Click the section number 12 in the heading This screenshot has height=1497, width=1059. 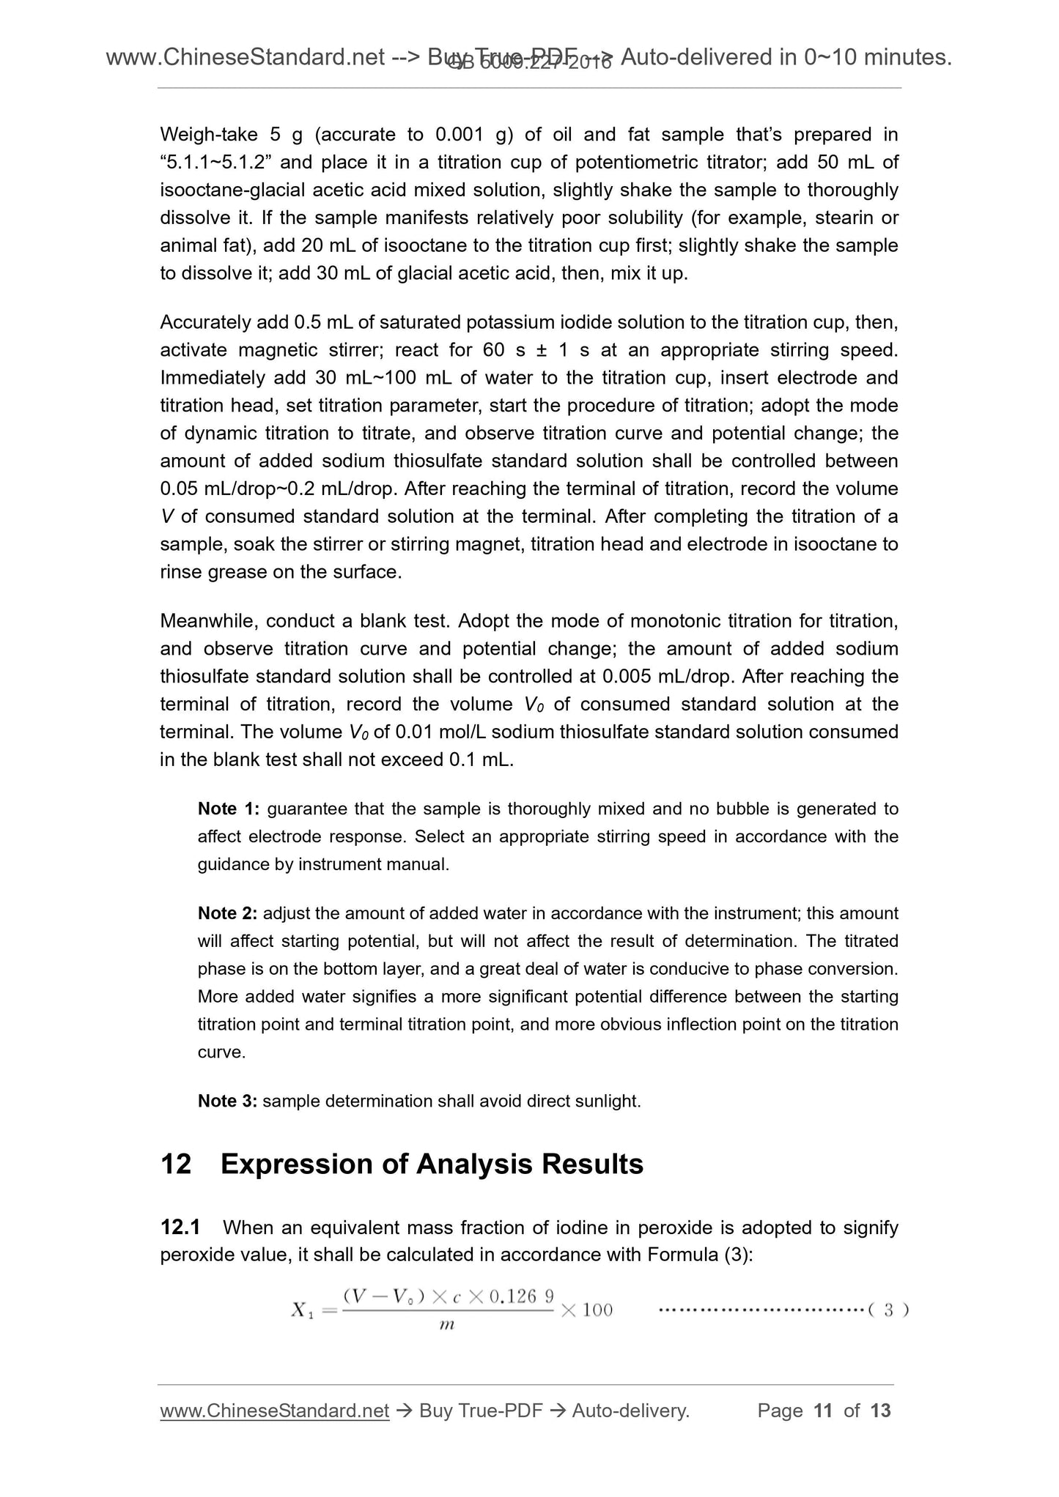(175, 1164)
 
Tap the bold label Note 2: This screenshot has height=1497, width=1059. (227, 913)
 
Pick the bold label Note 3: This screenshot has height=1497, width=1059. (227, 1101)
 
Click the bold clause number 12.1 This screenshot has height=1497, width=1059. (180, 1227)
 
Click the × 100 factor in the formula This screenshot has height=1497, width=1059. (587, 1310)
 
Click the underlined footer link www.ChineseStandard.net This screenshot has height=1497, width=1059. (274, 1411)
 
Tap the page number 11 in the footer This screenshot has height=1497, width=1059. (823, 1411)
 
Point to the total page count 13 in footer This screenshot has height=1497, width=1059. (880, 1411)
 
